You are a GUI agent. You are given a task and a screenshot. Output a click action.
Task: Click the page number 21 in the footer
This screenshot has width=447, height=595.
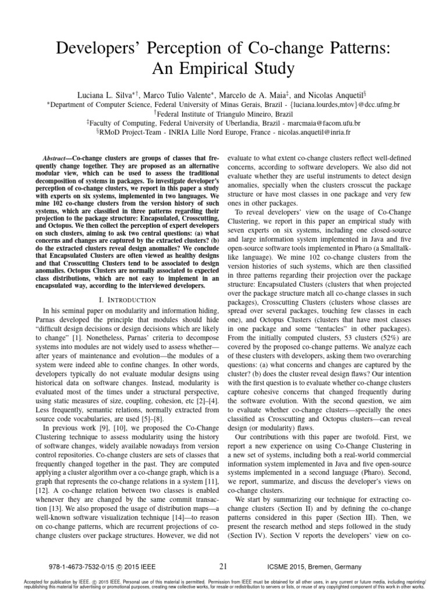point(223,566)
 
